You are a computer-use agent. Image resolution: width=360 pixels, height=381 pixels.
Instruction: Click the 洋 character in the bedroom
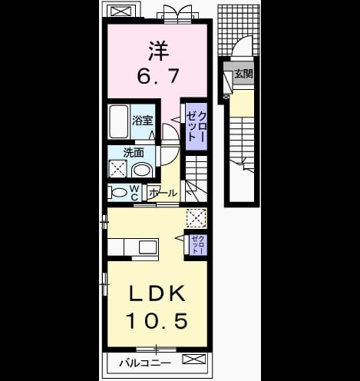(158, 51)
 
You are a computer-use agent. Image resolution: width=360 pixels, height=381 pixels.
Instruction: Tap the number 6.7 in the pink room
(157, 75)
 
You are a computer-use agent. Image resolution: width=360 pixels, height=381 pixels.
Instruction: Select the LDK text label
(157, 293)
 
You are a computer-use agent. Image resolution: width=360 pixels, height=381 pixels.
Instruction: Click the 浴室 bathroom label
(143, 121)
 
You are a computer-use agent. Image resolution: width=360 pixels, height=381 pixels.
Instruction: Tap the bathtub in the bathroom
(119, 122)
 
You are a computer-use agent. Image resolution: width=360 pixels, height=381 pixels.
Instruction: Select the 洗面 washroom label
(134, 153)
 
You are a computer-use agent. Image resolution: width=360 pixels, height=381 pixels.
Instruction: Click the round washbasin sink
(142, 170)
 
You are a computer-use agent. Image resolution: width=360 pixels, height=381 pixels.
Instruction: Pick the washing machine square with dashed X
(118, 169)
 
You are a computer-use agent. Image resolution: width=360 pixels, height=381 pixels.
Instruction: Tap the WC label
(135, 193)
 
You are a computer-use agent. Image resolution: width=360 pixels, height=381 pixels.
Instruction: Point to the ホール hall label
(163, 193)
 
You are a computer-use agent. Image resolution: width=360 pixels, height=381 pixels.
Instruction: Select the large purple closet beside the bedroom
(196, 127)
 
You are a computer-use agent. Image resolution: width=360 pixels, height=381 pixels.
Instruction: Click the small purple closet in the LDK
(198, 245)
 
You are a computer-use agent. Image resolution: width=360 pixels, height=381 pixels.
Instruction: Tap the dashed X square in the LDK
(197, 218)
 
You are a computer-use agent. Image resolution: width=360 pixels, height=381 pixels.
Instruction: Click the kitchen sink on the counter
(148, 247)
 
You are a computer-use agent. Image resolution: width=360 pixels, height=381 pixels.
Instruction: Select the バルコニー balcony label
(145, 363)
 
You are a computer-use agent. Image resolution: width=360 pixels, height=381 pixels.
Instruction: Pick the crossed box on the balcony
(194, 359)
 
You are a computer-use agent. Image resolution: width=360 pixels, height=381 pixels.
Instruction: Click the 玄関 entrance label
(244, 74)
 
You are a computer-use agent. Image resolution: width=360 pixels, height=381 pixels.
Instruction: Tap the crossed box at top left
(121, 12)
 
